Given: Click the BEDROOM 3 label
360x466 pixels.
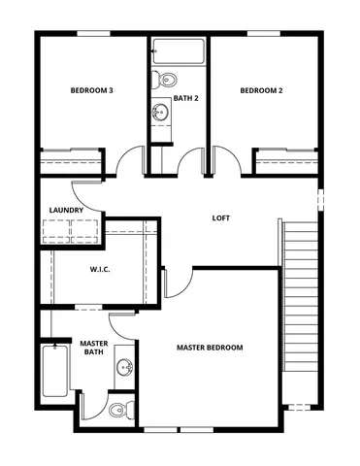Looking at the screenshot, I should [x=92, y=91].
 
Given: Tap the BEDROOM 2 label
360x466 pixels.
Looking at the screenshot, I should [x=261, y=91].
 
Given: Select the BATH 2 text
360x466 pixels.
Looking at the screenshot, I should [x=185, y=98].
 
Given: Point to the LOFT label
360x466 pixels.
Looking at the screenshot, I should [x=221, y=217].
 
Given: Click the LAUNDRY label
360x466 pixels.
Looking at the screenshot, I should [x=66, y=210].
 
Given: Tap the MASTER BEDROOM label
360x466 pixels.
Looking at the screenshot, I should [x=210, y=347].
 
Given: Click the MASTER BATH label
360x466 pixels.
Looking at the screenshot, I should [x=93, y=348].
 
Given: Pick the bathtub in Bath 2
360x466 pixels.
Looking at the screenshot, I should [x=177, y=51].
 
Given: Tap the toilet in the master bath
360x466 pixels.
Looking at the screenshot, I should [x=118, y=409].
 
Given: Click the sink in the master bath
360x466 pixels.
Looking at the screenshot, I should [x=123, y=368].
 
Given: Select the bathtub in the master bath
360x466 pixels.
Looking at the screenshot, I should [x=54, y=373].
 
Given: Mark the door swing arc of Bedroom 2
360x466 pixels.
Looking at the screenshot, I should [x=221, y=158].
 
